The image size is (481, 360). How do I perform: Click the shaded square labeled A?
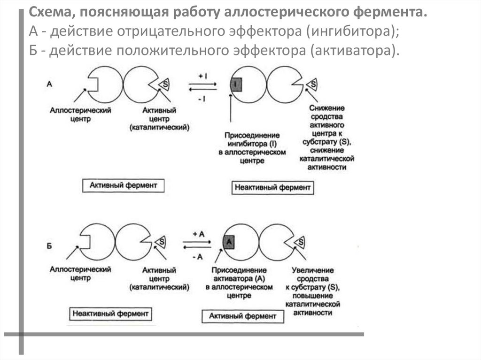coord(228,242)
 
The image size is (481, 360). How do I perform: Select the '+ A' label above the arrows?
coord(198,234)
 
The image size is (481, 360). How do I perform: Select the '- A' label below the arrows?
coord(197,256)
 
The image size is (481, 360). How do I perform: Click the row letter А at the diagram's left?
coord(49,84)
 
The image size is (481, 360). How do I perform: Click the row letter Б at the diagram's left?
coord(49,245)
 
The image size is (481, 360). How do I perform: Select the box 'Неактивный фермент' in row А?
coord(272,188)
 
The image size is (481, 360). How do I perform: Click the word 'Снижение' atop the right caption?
coord(326,108)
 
